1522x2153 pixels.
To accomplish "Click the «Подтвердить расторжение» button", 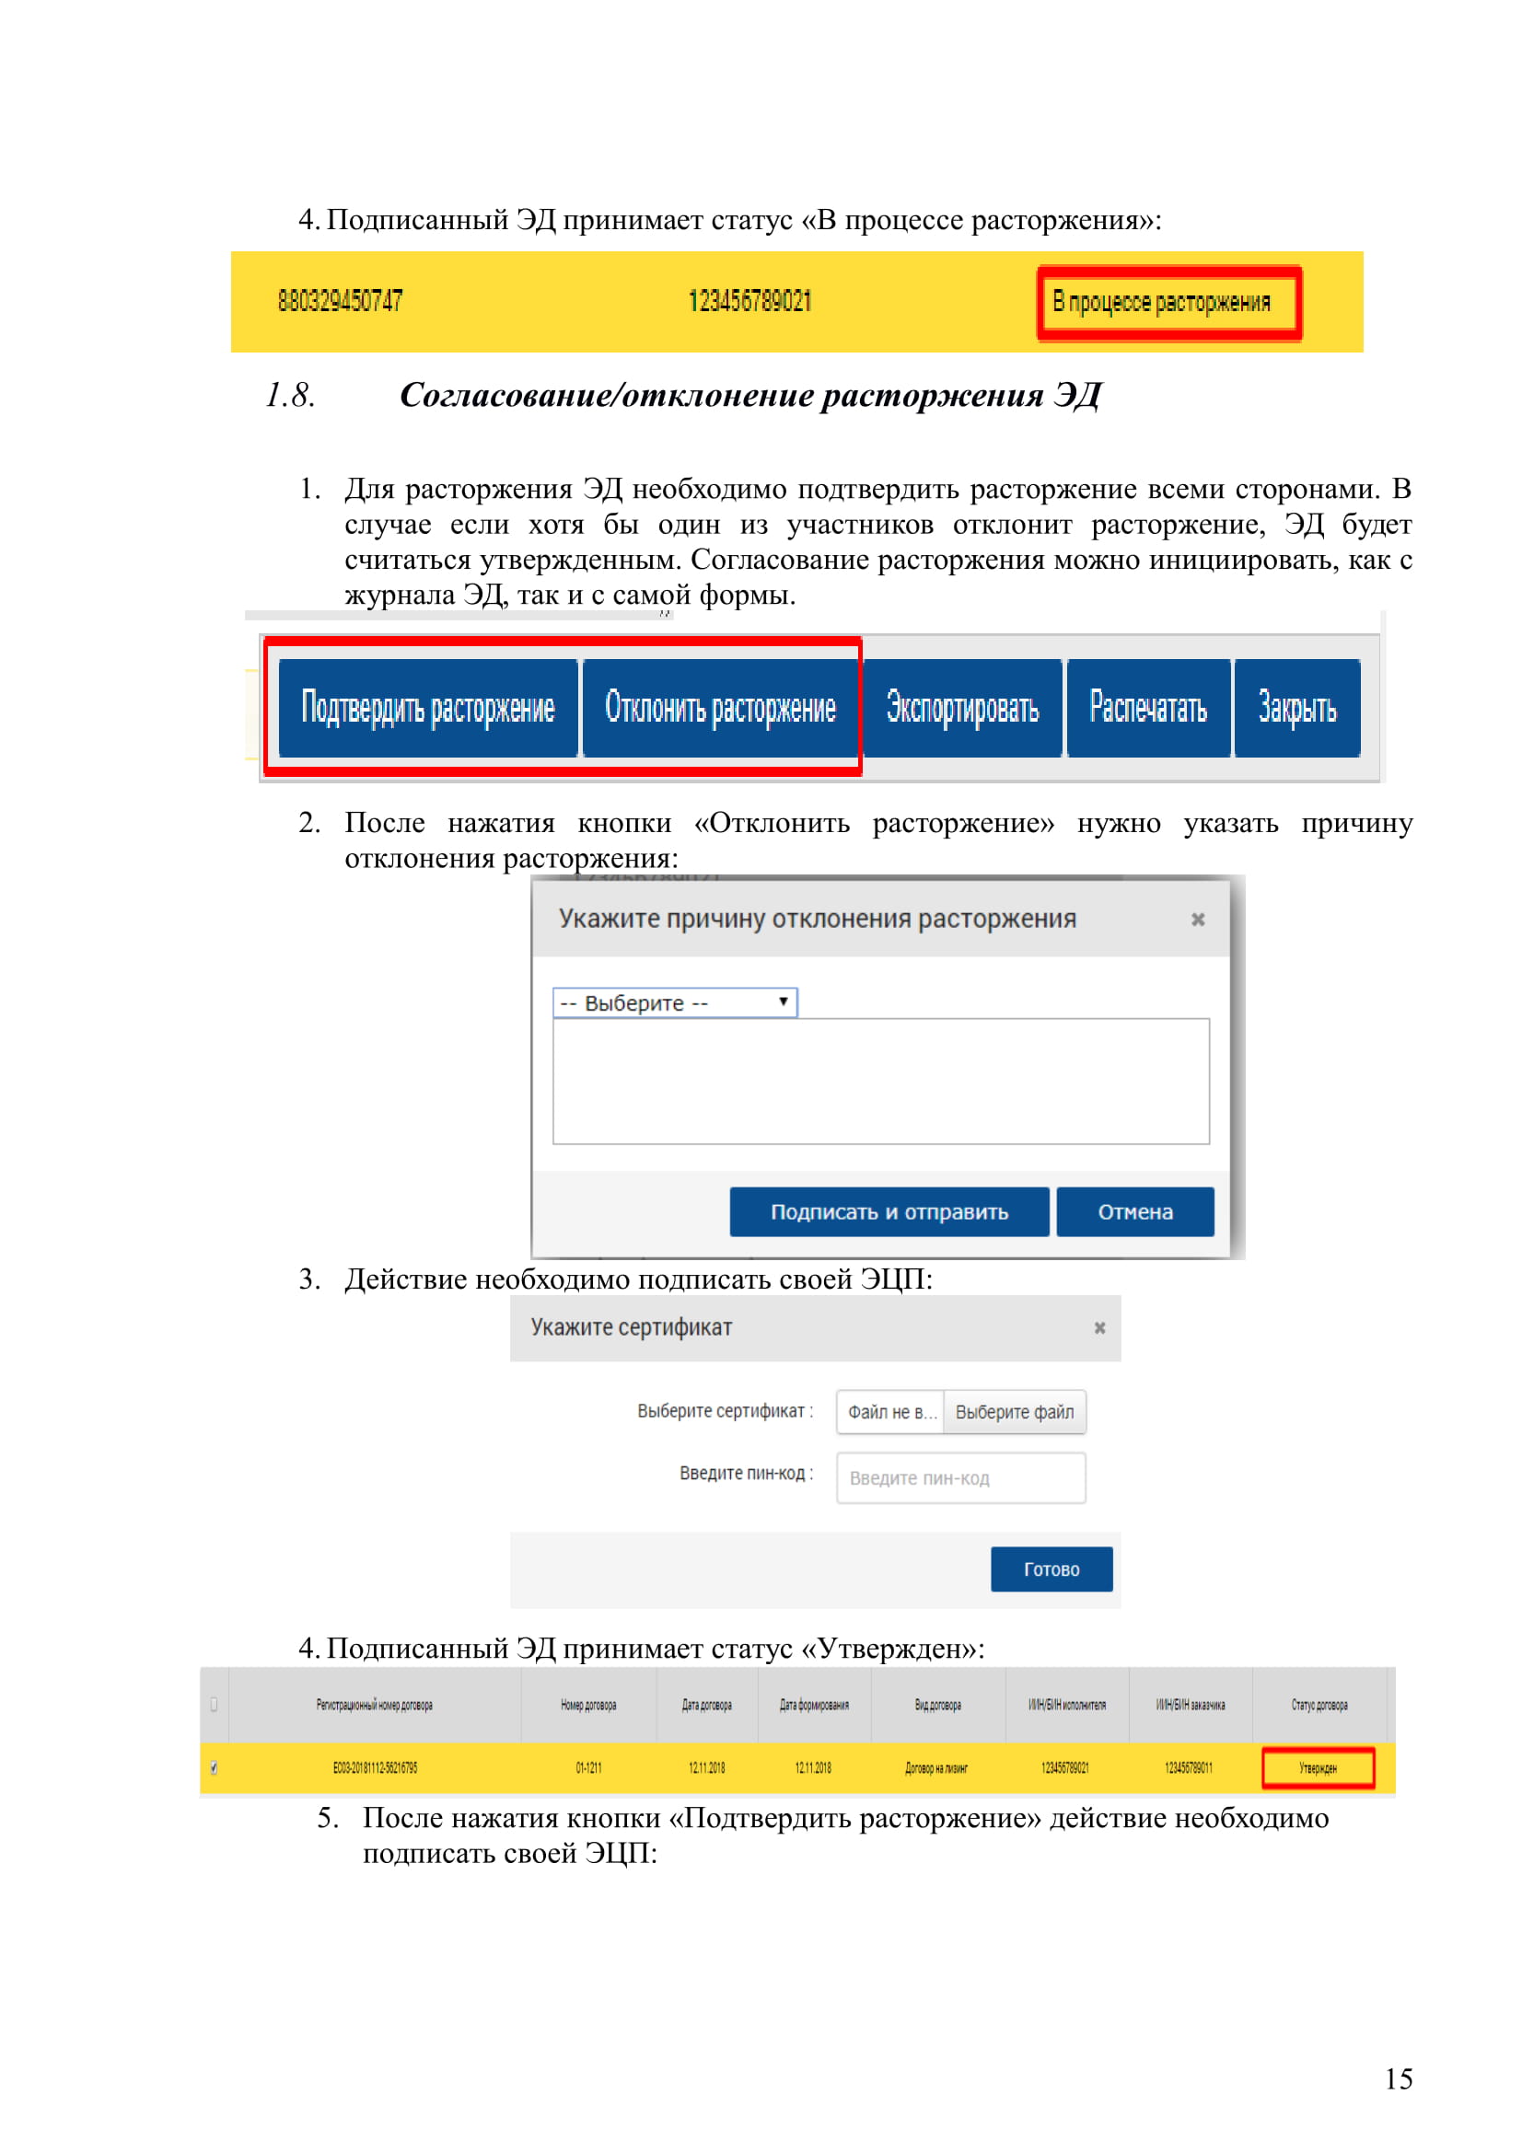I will click(427, 708).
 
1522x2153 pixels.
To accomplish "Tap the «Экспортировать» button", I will click(962, 708).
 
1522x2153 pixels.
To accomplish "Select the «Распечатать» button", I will click(1148, 708).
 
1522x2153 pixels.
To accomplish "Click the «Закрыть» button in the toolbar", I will click(1297, 708).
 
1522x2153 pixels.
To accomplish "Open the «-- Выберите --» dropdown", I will click(674, 1002).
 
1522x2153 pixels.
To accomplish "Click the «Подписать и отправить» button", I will click(889, 1211).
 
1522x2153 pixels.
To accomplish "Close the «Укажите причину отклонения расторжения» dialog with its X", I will click(1198, 919).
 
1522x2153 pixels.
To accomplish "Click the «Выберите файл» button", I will click(1014, 1412).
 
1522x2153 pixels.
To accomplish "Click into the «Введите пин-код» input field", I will click(960, 1478).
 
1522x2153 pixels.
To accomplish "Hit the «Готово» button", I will click(1051, 1569).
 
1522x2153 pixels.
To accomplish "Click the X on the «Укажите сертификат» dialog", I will click(1100, 1328).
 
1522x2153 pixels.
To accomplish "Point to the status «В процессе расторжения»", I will click(1161, 302).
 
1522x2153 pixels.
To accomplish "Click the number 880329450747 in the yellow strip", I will click(341, 301).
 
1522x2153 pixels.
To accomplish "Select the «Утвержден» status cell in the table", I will click(1318, 1768).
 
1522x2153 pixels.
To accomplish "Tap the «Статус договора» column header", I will click(1319, 1705).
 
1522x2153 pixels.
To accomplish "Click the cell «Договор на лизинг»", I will click(935, 1768).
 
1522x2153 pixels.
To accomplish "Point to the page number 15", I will click(1399, 2079).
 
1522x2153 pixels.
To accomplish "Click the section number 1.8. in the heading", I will click(291, 396).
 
